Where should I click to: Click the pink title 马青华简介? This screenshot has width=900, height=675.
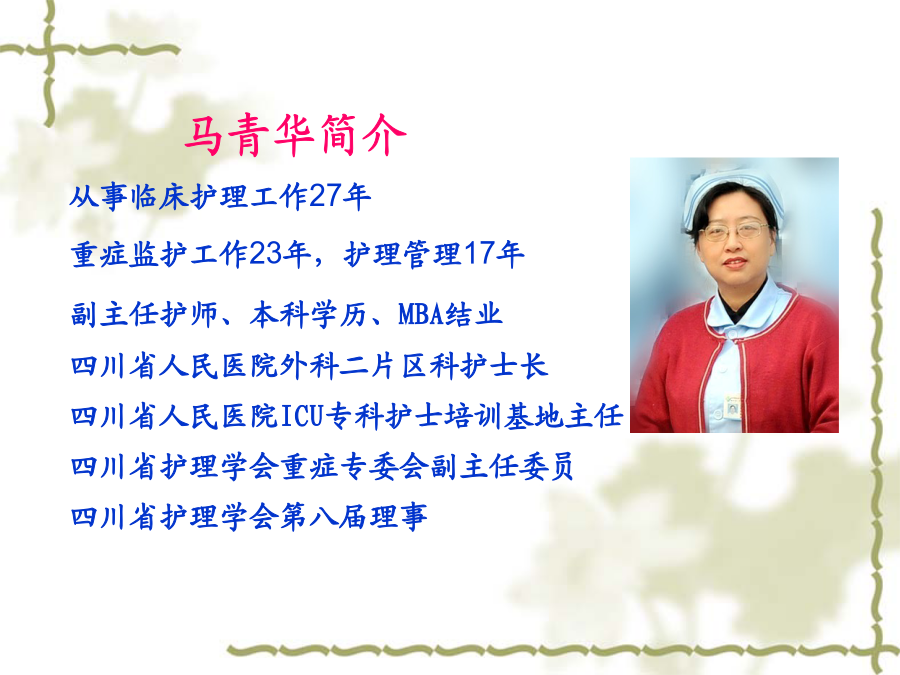tap(295, 135)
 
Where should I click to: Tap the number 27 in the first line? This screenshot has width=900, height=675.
tap(324, 196)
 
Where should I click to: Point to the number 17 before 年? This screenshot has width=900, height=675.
tap(479, 254)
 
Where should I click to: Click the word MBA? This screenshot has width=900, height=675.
tap(421, 314)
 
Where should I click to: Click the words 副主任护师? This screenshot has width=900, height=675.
tap(144, 315)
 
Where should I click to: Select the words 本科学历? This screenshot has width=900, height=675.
tap(308, 315)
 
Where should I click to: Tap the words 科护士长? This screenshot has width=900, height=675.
tap(488, 366)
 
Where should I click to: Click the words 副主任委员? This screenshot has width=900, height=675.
tap(502, 466)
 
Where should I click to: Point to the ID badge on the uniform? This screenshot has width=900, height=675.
tap(732, 407)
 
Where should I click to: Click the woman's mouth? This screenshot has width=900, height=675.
tap(733, 262)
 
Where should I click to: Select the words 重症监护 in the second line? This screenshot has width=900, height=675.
tap(130, 254)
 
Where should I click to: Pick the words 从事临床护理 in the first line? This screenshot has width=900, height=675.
tap(158, 196)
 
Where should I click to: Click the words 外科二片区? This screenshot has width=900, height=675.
tap(355, 366)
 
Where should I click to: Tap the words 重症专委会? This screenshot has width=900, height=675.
tap(355, 466)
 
